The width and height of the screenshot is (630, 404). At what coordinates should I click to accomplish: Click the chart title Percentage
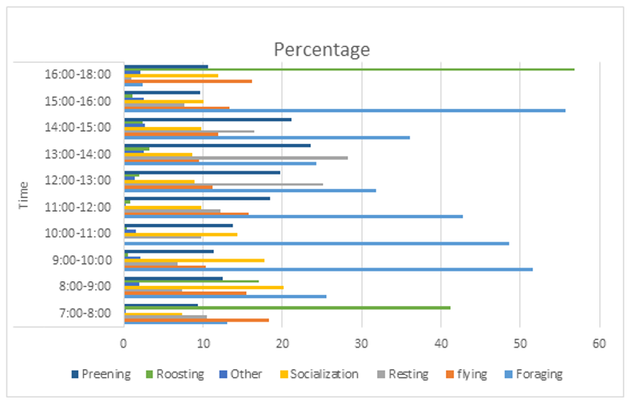321,48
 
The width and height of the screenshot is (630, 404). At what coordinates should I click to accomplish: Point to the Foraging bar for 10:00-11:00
316,242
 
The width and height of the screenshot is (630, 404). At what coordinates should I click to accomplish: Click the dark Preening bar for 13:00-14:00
217,145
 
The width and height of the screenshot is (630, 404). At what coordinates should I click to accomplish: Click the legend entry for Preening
100,374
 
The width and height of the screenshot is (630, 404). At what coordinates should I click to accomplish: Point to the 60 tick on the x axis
599,343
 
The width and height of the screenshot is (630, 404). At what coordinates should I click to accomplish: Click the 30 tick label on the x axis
361,343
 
